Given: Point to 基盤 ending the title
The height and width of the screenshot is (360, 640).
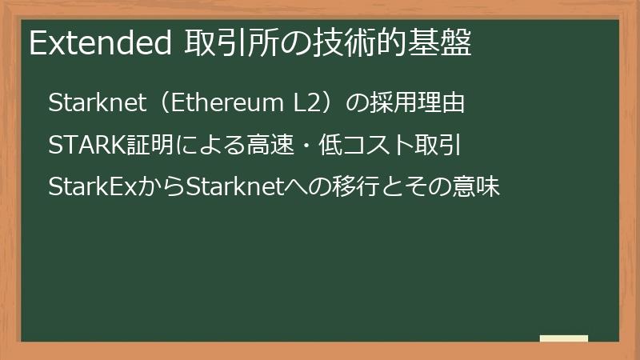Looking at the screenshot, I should coord(445,45).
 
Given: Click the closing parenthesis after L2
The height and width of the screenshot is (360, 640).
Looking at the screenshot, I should coord(331,104).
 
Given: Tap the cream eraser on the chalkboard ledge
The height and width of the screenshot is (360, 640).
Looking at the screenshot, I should coord(563,338).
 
